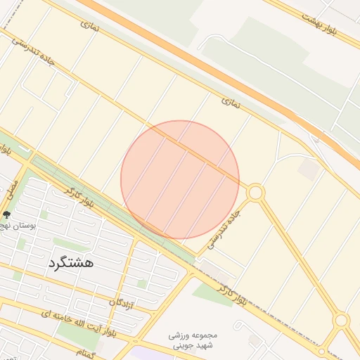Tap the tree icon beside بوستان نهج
tap(7, 215)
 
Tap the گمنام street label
tap(89, 352)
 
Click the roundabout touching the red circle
tap(255, 192)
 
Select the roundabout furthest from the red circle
tap(342, 321)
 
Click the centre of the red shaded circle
tap(180, 179)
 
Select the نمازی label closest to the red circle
tap(231, 102)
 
